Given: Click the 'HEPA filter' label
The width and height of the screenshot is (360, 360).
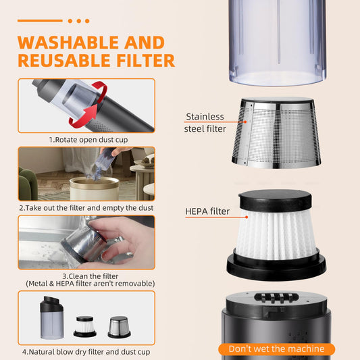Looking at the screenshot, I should pos(207,211).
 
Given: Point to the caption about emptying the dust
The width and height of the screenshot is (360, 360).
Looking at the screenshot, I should pos(86,207).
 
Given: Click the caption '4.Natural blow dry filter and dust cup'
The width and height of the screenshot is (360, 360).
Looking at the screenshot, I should pos(86,352).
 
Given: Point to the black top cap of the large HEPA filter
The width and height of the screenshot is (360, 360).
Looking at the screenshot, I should pos(276,197).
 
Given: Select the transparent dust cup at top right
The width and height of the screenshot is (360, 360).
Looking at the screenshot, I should pos(276,41).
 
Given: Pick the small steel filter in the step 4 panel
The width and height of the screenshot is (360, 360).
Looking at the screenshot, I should pos(119,326).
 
